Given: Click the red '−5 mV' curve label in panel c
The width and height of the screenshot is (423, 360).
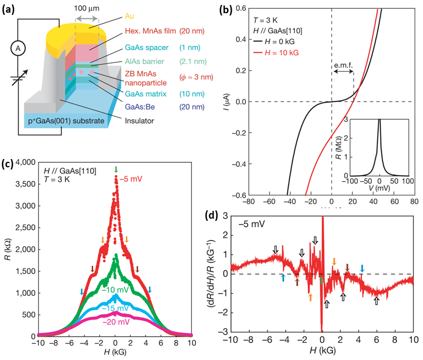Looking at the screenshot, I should [130, 178].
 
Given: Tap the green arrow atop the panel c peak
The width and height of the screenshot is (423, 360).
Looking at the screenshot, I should [115, 170].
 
